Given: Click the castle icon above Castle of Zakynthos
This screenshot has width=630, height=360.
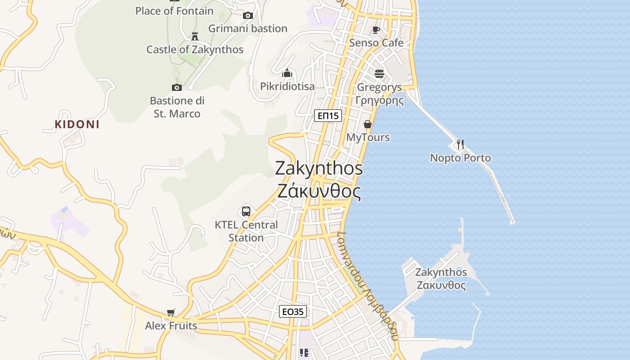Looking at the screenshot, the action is pyautogui.click(x=195, y=36).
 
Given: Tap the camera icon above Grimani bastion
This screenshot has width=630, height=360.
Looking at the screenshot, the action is pyautogui.click(x=247, y=16).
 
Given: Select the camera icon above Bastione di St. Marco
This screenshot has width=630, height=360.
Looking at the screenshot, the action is pyautogui.click(x=176, y=87).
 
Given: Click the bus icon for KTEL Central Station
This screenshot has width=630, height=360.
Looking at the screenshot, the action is pyautogui.click(x=246, y=211).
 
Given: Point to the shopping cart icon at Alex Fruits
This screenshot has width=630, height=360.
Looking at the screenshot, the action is pyautogui.click(x=171, y=312).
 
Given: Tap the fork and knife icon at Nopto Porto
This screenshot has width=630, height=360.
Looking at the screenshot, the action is pyautogui.click(x=460, y=144).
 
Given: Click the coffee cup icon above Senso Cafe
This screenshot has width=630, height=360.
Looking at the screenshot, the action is pyautogui.click(x=376, y=30).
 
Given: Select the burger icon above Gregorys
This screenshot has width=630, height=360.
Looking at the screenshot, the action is pyautogui.click(x=379, y=73).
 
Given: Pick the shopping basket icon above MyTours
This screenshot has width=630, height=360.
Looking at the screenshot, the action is pyautogui.click(x=368, y=124).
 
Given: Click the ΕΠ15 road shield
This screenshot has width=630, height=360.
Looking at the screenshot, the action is pyautogui.click(x=328, y=116).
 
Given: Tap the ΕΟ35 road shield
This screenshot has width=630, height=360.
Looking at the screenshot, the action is pyautogui.click(x=293, y=311).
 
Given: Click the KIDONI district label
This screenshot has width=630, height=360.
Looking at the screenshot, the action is pyautogui.click(x=77, y=125).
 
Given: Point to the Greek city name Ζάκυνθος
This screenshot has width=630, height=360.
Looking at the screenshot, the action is pyautogui.click(x=319, y=192).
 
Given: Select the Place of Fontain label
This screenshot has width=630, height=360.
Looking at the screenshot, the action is pyautogui.click(x=175, y=11).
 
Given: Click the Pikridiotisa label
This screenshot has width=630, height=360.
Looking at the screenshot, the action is pyautogui.click(x=287, y=86).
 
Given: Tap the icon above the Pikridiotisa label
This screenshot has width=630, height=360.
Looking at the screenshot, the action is pyautogui.click(x=287, y=73).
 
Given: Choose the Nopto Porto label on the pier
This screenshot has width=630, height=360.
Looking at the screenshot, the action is pyautogui.click(x=460, y=158).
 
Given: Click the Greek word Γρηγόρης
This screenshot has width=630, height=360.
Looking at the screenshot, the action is pyautogui.click(x=380, y=100).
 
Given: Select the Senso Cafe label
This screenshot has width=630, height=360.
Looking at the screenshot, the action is pyautogui.click(x=377, y=43).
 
